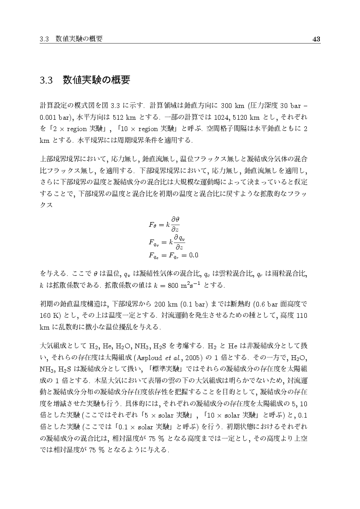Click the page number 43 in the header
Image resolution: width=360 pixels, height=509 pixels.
(x=316, y=40)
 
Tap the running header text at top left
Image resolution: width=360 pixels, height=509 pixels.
(x=71, y=40)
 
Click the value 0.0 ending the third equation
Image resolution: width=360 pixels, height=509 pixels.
(x=192, y=254)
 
